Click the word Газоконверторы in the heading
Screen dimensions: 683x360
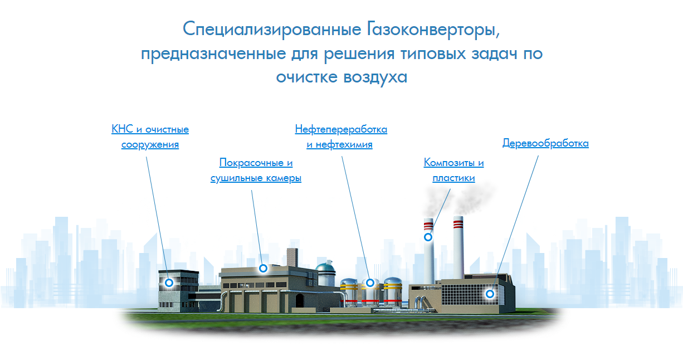(433, 30)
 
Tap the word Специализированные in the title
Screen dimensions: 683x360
(272, 30)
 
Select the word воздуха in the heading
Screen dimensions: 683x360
(375, 77)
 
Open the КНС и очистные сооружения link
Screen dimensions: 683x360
(150, 137)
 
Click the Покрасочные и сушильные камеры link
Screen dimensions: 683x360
(256, 170)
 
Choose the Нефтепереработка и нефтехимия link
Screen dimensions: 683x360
(341, 137)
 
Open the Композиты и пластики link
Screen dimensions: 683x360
(453, 170)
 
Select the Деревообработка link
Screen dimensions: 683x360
(545, 143)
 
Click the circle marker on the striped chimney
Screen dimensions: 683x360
(428, 237)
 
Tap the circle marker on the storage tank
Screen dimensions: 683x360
(370, 283)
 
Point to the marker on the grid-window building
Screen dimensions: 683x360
(490, 294)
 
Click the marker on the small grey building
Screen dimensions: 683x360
(169, 283)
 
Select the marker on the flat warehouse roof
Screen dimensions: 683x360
(263, 269)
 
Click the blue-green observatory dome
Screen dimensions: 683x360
(325, 268)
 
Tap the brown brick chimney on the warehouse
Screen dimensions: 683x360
(292, 258)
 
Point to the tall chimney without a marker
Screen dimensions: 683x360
(458, 247)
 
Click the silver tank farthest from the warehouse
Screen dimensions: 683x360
(393, 292)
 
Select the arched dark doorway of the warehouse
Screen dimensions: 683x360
(299, 300)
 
